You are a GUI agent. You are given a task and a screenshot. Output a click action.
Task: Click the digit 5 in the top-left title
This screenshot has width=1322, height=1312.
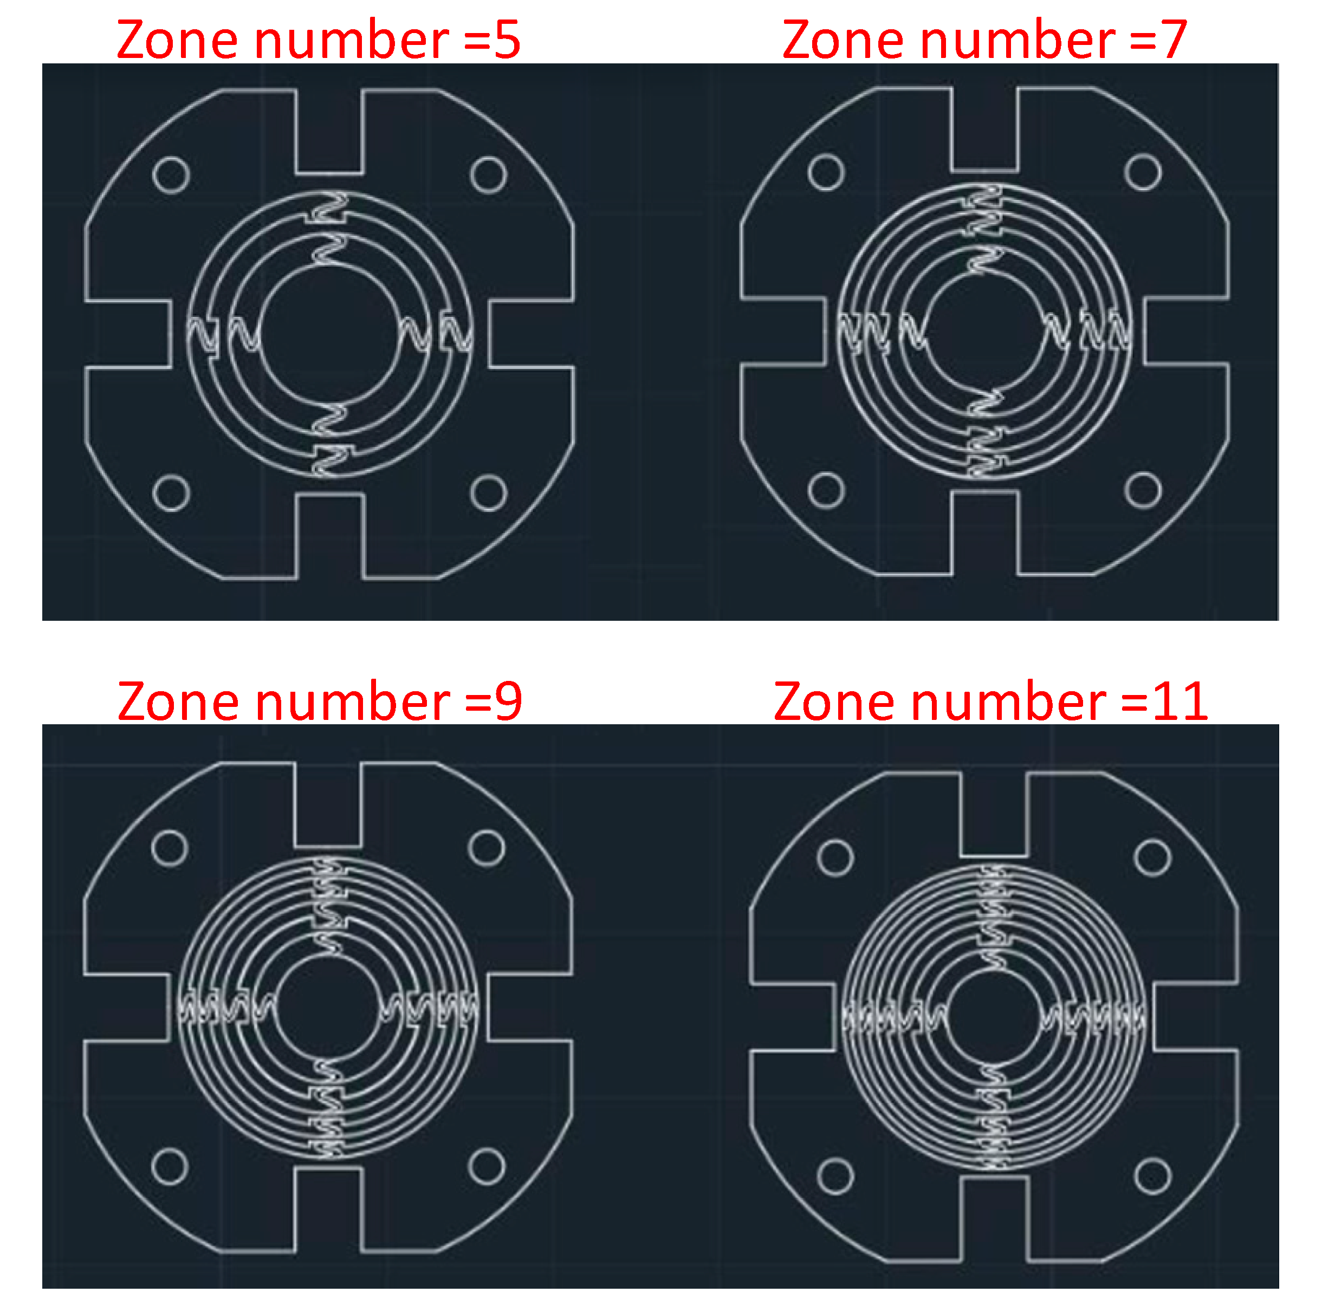tap(507, 40)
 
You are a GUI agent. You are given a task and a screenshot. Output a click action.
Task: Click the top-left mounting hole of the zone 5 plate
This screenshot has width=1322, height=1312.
tap(171, 175)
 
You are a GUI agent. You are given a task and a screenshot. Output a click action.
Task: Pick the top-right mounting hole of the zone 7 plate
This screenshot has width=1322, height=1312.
tap(1143, 172)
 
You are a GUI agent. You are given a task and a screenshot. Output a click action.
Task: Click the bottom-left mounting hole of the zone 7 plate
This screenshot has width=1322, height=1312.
tap(826, 490)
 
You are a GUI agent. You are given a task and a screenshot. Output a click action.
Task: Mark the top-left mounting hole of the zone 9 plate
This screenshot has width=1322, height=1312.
tap(170, 848)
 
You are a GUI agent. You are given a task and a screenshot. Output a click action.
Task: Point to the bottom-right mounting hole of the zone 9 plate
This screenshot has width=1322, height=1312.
tap(487, 1166)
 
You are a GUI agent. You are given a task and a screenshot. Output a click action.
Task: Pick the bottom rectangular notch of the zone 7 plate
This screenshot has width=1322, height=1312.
tap(984, 533)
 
